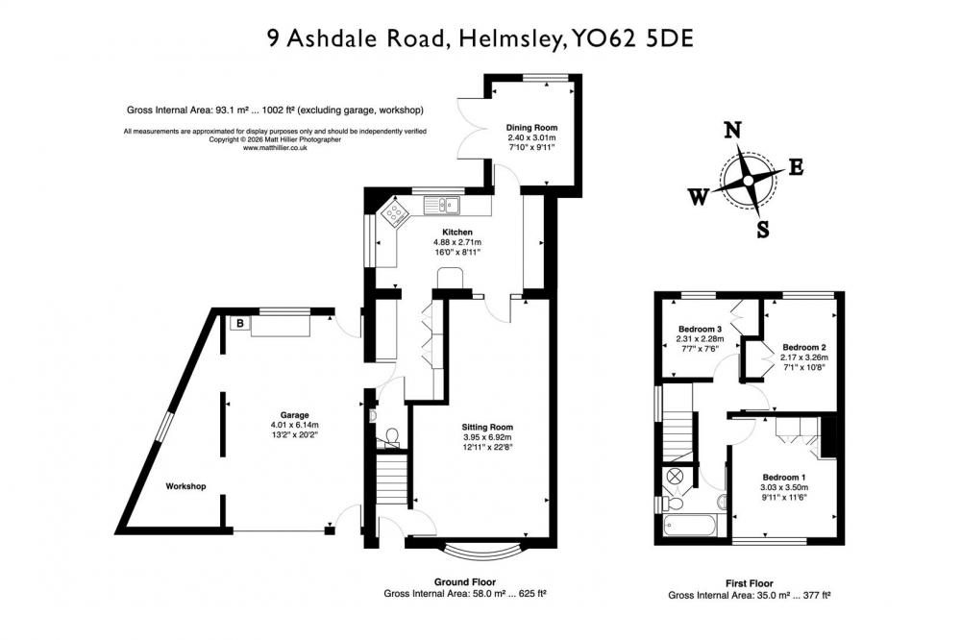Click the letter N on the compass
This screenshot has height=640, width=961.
733,130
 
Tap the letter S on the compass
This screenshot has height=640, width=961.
762,230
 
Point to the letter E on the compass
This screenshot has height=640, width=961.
796,167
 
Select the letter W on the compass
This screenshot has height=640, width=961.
698,197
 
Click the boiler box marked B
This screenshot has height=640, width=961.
240,323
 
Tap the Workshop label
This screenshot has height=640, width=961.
185,486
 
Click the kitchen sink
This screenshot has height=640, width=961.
441,204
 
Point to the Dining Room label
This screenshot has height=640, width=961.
531,128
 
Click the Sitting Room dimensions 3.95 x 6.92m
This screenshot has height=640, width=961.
487,437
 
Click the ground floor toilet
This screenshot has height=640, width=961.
390,436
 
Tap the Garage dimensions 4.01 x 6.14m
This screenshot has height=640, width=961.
295,425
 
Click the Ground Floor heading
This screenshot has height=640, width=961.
465,582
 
